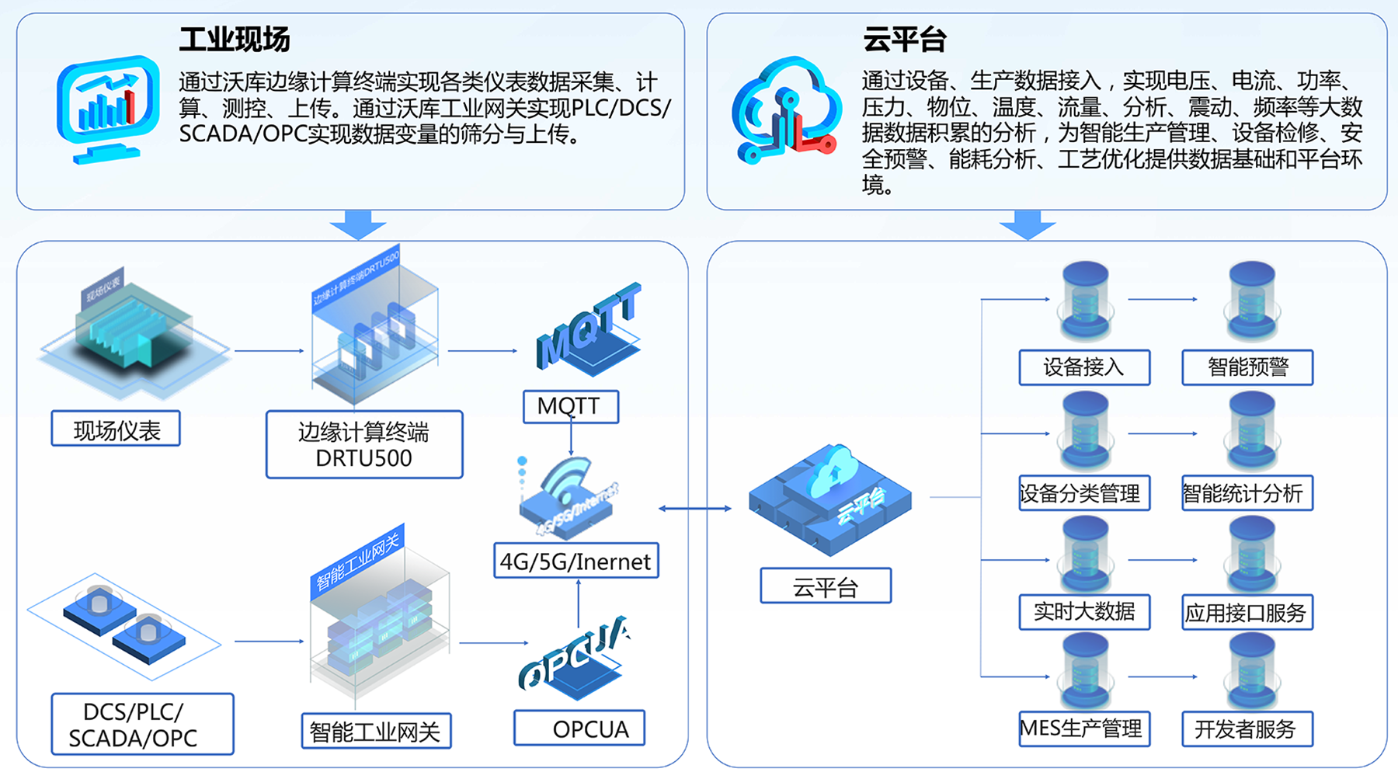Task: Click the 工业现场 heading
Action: (x=234, y=40)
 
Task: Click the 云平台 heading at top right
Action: (x=904, y=40)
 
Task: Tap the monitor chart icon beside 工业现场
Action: (x=107, y=108)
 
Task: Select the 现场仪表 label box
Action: (x=116, y=429)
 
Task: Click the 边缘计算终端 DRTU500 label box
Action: (x=364, y=444)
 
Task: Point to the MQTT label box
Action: (x=570, y=406)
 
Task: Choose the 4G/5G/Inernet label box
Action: (x=576, y=561)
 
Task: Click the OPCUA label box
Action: (x=579, y=729)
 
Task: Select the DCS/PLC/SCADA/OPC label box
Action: (x=142, y=724)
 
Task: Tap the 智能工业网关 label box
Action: (x=376, y=731)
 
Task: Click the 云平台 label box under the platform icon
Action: (x=826, y=586)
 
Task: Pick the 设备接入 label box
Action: (x=1084, y=367)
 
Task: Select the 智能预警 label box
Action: (x=1247, y=367)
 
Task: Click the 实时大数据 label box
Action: (x=1084, y=612)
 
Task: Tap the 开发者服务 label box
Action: (x=1247, y=729)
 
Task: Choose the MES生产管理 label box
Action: (x=1084, y=729)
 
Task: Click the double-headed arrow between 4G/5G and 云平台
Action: (x=695, y=509)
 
